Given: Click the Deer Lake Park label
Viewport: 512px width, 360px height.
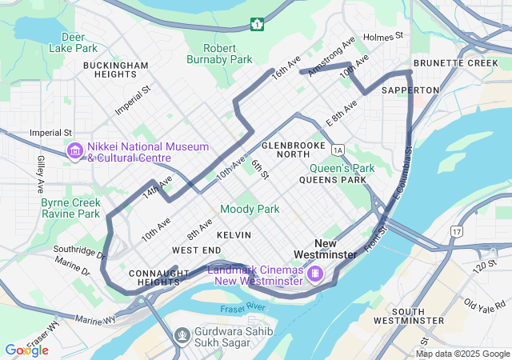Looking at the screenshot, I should [73, 42].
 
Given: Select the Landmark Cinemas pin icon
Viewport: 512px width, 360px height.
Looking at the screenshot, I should [316, 274].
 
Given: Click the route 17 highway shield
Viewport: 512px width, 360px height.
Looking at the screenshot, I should [456, 231].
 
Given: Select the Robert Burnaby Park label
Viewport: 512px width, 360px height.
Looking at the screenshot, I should [219, 53].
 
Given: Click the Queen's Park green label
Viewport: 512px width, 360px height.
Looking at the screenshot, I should [342, 168].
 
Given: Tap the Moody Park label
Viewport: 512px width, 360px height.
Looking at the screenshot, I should [250, 209].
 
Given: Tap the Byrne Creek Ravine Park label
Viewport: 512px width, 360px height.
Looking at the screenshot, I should [71, 208].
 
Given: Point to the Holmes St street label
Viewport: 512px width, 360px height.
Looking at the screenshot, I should [383, 37].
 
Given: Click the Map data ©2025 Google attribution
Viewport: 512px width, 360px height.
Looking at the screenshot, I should [462, 354].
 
